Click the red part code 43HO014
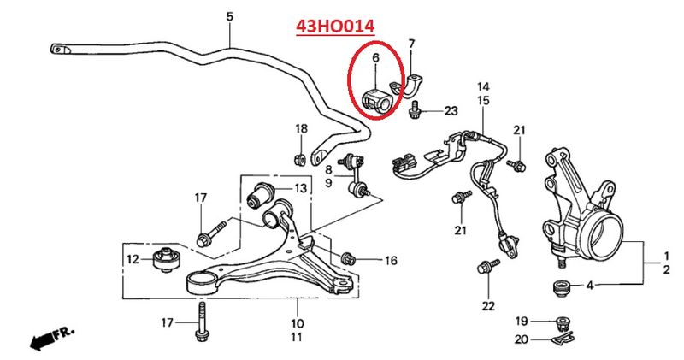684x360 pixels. [x=335, y=27]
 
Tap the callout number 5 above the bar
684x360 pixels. [x=230, y=17]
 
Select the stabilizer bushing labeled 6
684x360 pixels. [x=378, y=102]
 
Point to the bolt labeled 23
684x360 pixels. [x=414, y=109]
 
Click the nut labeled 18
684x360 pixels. [x=301, y=159]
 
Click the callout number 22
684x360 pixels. [x=488, y=306]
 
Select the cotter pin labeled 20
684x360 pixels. [x=561, y=338]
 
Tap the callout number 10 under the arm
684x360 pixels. [x=297, y=323]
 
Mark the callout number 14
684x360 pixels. [x=483, y=86]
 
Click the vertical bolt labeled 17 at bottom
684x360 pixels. [x=202, y=322]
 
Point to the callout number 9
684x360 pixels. [x=328, y=182]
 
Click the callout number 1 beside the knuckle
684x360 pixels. [x=666, y=256]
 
